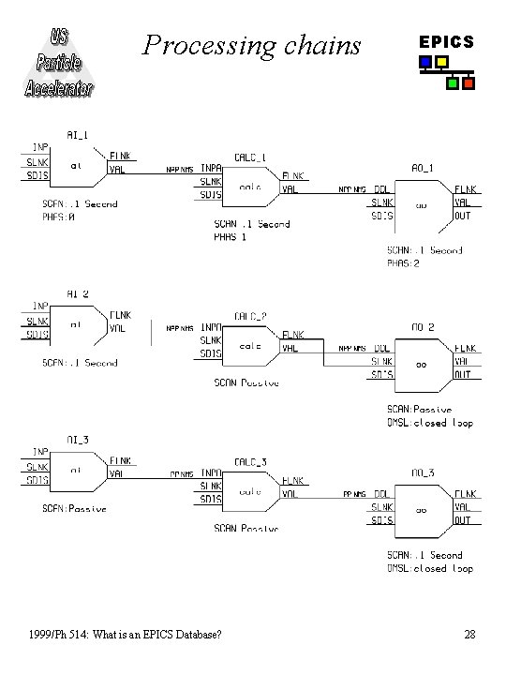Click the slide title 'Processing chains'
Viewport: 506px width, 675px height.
251,45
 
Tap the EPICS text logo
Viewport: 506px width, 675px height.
446,42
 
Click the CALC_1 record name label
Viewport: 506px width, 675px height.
250,157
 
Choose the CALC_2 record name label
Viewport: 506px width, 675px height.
250,316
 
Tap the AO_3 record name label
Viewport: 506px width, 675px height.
424,474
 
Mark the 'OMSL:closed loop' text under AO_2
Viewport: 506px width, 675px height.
430,423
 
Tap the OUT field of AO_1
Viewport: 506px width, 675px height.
463,215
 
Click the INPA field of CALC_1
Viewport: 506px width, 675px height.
211,169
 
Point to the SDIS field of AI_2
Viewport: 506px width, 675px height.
37,335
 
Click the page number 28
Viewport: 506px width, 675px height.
469,636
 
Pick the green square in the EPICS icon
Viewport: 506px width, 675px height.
453,83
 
